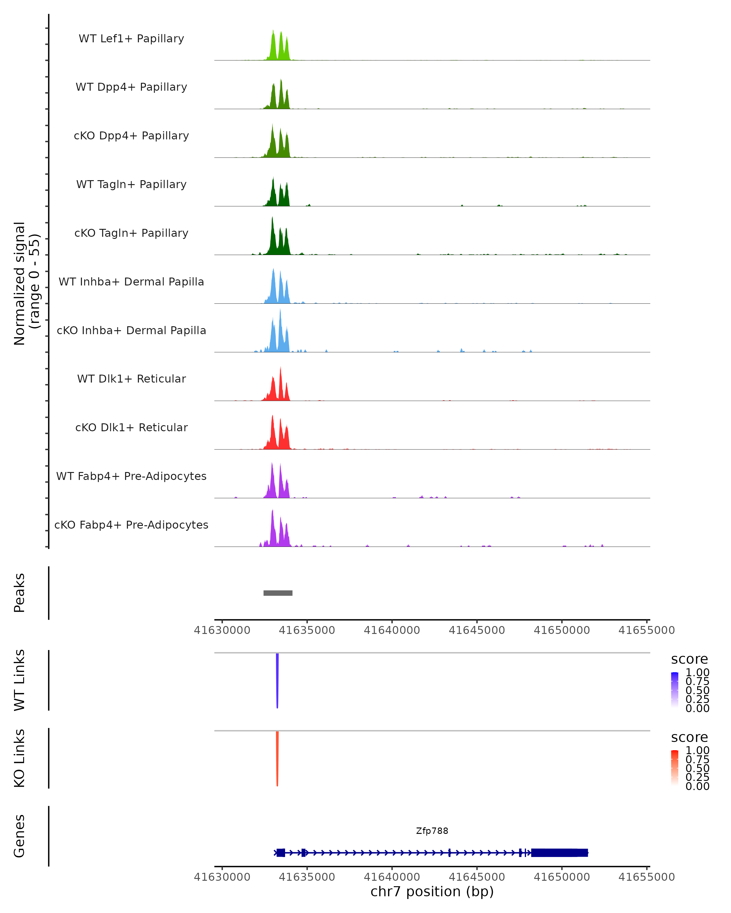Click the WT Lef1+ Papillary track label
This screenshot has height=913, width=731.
tap(131, 39)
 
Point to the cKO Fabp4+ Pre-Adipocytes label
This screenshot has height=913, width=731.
tap(131, 525)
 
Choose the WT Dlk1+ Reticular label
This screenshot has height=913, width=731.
tap(131, 379)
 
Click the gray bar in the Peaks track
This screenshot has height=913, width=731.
tap(278, 593)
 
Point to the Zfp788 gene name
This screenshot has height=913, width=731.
tap(432, 831)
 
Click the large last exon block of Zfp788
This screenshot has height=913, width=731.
tap(560, 852)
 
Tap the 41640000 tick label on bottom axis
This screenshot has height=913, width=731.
tap(392, 877)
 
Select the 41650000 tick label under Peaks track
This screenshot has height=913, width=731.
tap(562, 630)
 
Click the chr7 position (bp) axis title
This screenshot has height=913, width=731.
tap(432, 892)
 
